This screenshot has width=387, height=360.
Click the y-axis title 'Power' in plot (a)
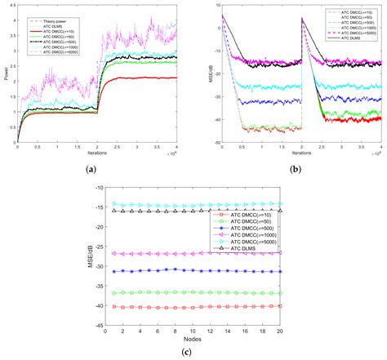click(6, 77)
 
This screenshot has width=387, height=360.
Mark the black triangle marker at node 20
click(280, 211)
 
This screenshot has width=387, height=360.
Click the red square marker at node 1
click(115, 307)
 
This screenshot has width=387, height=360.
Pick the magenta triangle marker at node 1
click(115, 253)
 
